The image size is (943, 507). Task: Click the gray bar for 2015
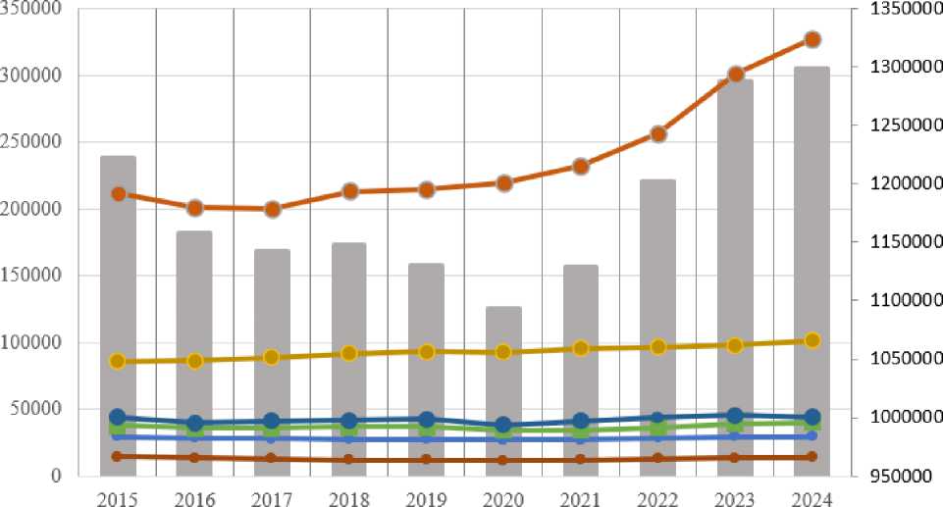click(x=118, y=314)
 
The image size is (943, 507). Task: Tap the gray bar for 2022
click(x=657, y=324)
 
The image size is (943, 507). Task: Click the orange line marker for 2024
click(x=812, y=39)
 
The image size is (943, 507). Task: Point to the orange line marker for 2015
click(x=118, y=194)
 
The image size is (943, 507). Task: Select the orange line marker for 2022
click(x=658, y=134)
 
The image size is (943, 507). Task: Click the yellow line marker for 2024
click(x=812, y=340)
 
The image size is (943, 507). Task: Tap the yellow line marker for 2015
click(x=118, y=361)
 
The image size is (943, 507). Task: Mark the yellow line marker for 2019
click(x=427, y=351)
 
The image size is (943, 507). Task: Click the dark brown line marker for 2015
click(x=118, y=456)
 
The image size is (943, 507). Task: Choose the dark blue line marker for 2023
click(x=735, y=416)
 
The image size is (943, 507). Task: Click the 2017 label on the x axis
click(x=272, y=497)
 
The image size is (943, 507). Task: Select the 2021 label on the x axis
click(x=581, y=497)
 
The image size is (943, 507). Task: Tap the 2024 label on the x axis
click(x=812, y=497)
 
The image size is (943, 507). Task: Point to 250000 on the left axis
click(x=33, y=142)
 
